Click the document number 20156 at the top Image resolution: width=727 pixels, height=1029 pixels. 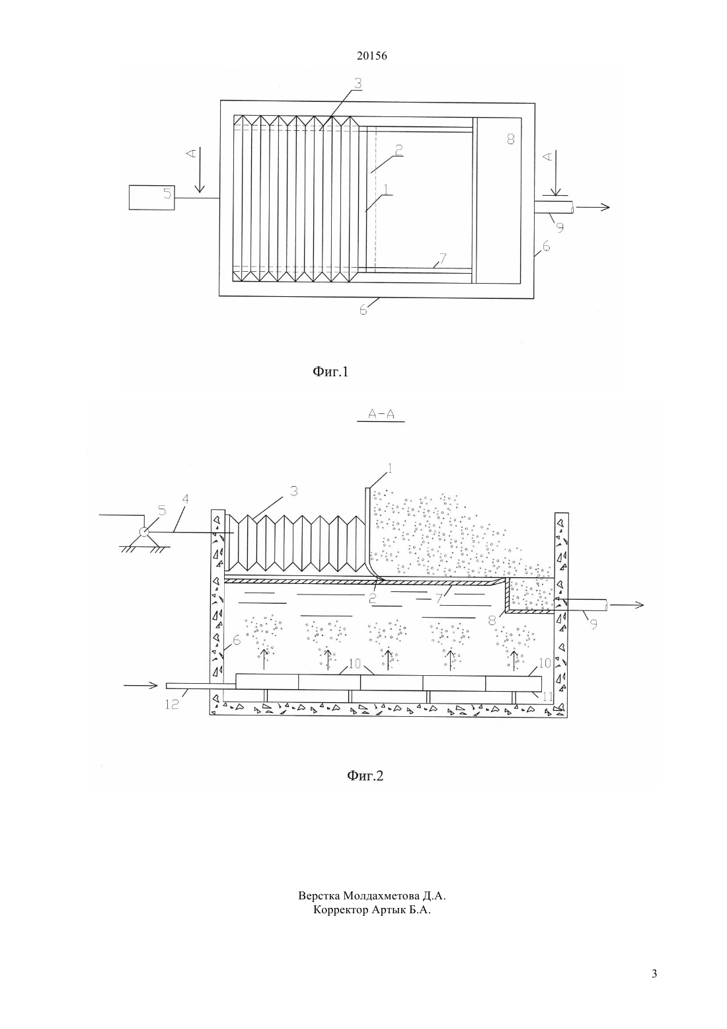tap(371, 56)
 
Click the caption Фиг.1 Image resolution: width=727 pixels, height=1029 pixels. tap(330, 371)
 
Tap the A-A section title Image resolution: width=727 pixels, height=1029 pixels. tap(381, 415)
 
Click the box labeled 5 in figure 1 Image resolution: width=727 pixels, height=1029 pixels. tap(151, 197)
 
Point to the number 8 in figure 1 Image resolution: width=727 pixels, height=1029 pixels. tap(511, 139)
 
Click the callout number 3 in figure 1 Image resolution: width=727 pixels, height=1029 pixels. tap(358, 83)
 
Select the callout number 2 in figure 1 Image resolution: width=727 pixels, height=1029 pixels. tap(399, 149)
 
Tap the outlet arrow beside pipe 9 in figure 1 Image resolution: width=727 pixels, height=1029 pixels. tap(593, 207)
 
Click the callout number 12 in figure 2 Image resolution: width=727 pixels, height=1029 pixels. tap(172, 704)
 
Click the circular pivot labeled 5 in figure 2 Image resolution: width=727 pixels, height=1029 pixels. tap(143, 532)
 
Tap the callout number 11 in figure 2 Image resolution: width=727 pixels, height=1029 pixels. tap(548, 697)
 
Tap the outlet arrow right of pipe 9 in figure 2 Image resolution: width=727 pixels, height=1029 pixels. tap(627, 606)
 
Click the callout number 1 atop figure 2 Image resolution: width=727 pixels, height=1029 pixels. tap(391, 469)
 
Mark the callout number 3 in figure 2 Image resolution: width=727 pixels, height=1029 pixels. tap(293, 491)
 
